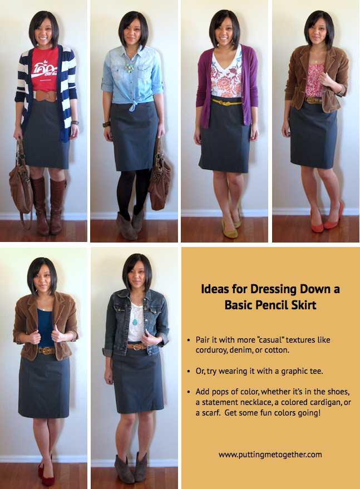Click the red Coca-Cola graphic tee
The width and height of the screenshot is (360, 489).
tap(45, 68)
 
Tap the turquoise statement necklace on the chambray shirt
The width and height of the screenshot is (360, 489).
tap(130, 65)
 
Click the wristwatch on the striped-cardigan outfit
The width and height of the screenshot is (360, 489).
tap(75, 123)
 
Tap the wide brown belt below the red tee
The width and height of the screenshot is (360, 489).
tap(46, 96)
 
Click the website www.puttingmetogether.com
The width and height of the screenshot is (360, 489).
tap(270, 455)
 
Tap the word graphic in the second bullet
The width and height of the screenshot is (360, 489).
tap(293, 371)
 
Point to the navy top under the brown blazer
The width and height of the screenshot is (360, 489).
tap(46, 328)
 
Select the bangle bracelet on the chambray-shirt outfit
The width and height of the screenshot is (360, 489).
tap(106, 125)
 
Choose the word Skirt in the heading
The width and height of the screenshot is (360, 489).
tap(304, 305)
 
